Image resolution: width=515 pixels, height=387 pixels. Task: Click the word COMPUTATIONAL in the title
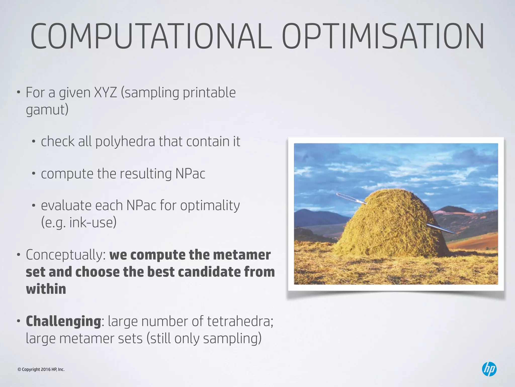(151, 37)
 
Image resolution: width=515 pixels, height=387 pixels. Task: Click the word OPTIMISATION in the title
(383, 37)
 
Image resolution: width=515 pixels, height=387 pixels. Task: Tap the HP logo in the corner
(489, 369)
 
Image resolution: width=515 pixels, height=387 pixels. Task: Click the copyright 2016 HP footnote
(41, 369)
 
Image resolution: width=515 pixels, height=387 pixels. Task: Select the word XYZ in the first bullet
(105, 92)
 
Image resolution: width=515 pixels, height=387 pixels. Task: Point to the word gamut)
(47, 110)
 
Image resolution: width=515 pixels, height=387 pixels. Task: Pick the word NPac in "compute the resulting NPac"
(190, 174)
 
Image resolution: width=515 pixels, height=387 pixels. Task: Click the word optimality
(210, 206)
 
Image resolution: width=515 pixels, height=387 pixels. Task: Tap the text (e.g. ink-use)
(79, 222)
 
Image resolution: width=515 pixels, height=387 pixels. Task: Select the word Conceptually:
(66, 255)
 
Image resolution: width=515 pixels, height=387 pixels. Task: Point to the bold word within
(46, 289)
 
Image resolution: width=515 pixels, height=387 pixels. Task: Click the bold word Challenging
(63, 321)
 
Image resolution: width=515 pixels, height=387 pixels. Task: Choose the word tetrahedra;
(240, 321)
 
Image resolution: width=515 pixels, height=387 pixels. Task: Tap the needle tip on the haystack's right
(455, 233)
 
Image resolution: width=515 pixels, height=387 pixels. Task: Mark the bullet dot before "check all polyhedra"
(33, 142)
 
